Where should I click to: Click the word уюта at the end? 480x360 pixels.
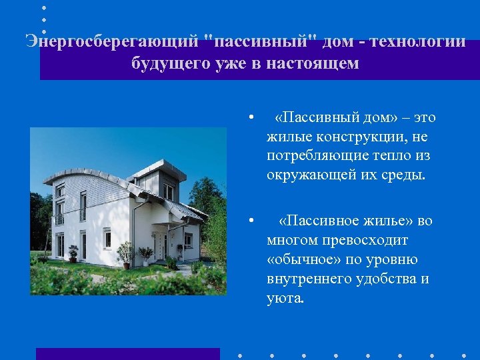tap(284, 298)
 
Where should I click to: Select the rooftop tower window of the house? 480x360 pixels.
tap(168, 191)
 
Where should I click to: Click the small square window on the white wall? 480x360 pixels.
tap(107, 239)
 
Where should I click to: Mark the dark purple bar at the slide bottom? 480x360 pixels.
tap(127, 353)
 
